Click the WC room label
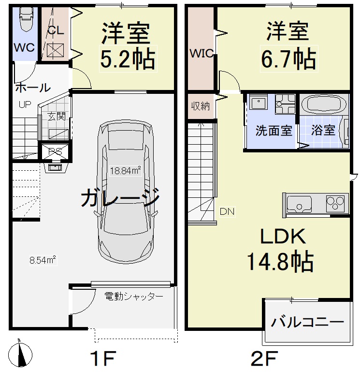point(24,47)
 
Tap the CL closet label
point(56,30)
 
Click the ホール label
point(32,88)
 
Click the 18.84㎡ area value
point(125,170)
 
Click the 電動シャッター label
point(134,296)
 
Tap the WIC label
point(201,54)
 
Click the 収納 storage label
point(200,106)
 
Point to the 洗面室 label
point(274,131)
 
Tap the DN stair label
point(227,211)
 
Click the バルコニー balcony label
point(307,322)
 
